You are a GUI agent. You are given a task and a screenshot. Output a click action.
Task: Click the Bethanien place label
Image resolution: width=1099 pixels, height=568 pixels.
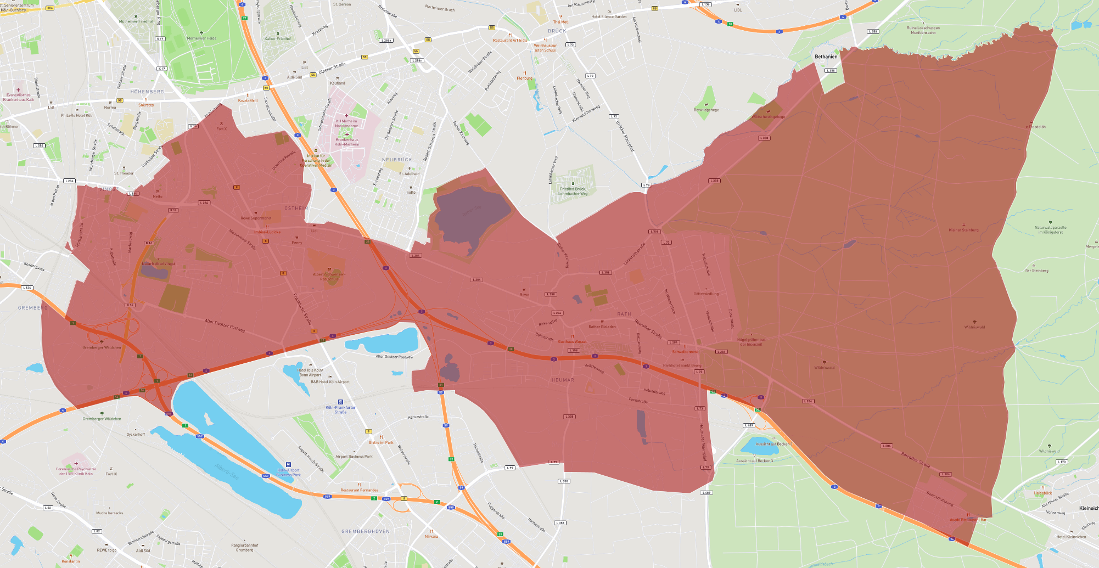pos(826,57)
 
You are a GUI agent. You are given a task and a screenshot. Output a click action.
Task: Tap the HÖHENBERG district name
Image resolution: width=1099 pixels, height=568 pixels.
pos(147,92)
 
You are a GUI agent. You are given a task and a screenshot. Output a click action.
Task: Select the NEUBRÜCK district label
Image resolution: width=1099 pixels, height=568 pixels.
pos(396,160)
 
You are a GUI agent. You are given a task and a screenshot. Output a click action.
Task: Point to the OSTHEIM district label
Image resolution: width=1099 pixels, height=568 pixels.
pos(296,209)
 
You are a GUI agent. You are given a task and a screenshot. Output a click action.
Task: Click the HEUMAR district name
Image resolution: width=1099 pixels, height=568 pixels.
pos(563,380)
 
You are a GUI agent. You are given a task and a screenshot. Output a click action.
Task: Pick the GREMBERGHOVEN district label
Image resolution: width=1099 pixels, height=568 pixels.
pos(365,531)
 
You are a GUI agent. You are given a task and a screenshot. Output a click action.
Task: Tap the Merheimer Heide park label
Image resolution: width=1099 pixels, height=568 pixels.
pos(201,38)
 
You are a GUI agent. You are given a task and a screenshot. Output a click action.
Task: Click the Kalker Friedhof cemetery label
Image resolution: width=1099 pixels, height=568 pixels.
pos(278,39)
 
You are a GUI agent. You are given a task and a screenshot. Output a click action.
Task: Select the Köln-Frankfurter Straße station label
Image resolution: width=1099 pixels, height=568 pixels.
pos(340,409)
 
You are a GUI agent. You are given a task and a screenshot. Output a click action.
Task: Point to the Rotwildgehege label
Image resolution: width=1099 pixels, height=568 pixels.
pos(706,110)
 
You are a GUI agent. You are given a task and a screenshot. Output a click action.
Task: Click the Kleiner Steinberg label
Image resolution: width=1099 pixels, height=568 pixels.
pos(963,230)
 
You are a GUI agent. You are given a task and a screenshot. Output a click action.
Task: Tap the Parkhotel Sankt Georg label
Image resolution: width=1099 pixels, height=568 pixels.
pos(682,365)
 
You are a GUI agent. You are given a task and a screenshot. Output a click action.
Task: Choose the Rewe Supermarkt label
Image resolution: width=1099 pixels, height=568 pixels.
pos(256,218)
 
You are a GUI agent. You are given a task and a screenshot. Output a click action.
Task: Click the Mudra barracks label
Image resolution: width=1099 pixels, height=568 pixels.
pos(110,513)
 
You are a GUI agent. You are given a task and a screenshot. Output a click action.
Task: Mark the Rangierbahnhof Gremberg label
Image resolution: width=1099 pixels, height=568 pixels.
pos(244,547)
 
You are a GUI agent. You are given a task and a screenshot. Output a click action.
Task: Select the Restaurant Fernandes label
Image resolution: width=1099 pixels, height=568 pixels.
pos(359,490)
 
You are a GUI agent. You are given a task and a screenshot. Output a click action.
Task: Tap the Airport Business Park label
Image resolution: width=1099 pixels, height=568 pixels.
pos(354,456)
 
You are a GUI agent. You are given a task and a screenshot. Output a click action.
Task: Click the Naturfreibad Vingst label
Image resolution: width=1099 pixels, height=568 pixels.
pos(158,264)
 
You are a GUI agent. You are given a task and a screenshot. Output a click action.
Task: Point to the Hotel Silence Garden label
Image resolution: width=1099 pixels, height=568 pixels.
pos(609,16)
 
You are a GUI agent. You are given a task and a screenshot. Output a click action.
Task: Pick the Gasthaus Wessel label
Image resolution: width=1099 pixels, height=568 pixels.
pos(572,341)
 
